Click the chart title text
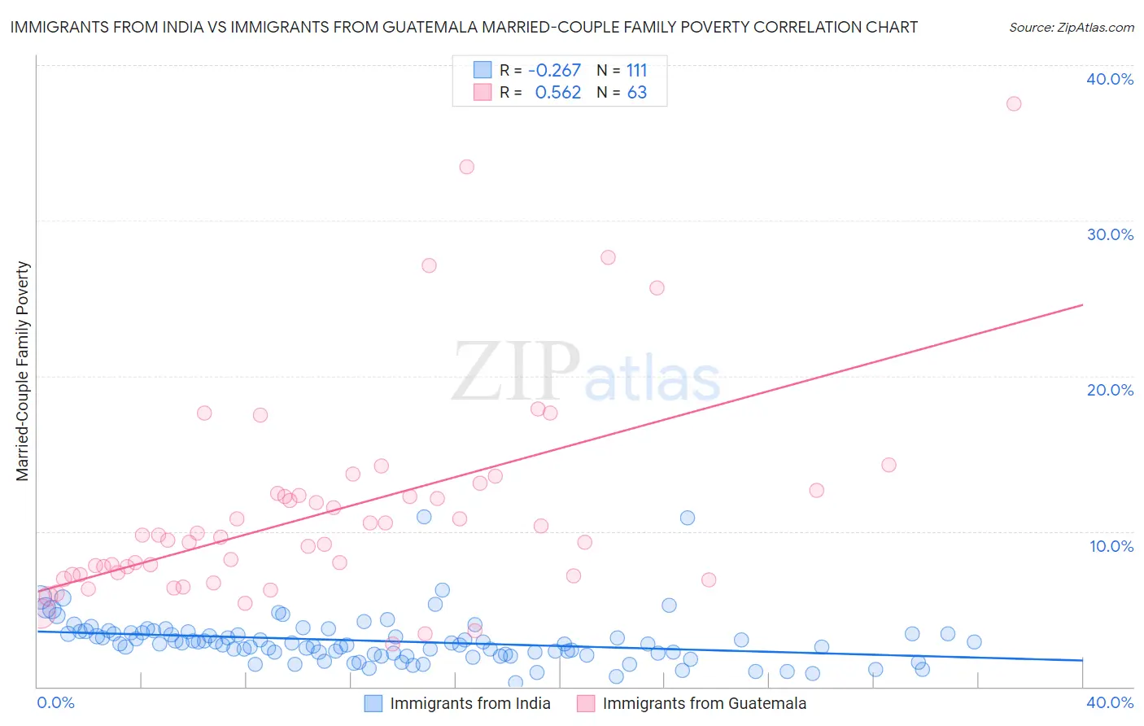pos(464,27)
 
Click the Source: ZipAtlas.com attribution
pos(1071,27)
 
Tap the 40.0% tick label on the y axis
pos(1110,79)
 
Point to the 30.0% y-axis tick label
pos(1110,234)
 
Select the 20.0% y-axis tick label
pos(1110,390)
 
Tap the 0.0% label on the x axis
pos(56,702)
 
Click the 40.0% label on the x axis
pos(1110,702)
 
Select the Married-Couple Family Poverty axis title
pos(23,371)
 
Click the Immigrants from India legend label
pos(469,703)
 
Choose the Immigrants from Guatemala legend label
pos(704,703)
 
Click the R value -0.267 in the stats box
pos(554,71)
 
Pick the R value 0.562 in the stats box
pos(558,93)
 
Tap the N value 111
pos(636,71)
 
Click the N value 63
pos(636,93)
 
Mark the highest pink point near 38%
pos(1013,103)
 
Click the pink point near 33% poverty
pos(466,167)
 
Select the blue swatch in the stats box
pos(482,70)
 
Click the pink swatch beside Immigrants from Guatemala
pos(586,703)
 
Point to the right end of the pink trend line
pos(1082,305)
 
